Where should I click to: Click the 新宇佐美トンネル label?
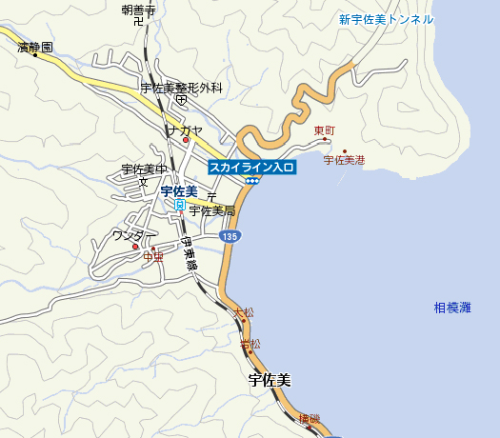[386, 20]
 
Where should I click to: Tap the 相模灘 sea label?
[452, 308]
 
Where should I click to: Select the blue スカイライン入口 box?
[252, 167]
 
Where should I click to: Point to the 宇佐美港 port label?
[344, 161]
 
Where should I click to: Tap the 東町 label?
[325, 130]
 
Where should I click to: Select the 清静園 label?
[35, 45]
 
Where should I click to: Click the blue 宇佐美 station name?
[178, 191]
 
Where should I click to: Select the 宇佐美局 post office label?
[211, 210]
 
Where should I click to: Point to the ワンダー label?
[129, 235]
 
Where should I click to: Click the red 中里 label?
[153, 255]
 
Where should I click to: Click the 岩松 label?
[250, 343]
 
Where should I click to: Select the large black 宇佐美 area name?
[270, 380]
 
